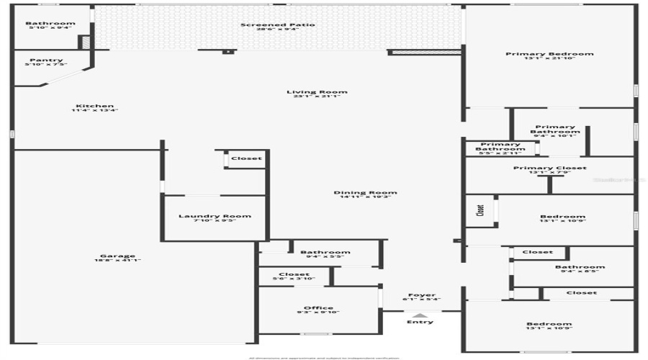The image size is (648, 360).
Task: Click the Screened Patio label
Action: (x=277, y=25)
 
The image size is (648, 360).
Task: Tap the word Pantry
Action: (x=46, y=60)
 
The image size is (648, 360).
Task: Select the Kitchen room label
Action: (x=94, y=106)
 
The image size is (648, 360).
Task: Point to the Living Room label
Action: (x=317, y=91)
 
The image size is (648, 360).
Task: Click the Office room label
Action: (x=318, y=308)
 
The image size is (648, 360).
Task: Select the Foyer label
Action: (x=422, y=295)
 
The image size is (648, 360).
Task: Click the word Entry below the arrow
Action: (x=420, y=322)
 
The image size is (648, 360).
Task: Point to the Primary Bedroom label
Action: (x=549, y=54)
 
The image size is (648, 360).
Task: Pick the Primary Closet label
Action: (x=549, y=168)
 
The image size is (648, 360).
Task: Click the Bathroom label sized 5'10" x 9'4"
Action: (x=50, y=23)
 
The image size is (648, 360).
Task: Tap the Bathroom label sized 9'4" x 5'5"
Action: (x=325, y=252)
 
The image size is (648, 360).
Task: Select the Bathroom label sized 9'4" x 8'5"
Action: (x=580, y=267)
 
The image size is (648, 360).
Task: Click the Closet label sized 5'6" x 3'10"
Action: (x=294, y=274)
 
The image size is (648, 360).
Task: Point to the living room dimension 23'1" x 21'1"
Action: (x=317, y=96)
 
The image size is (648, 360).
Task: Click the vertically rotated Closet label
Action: (x=480, y=211)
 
